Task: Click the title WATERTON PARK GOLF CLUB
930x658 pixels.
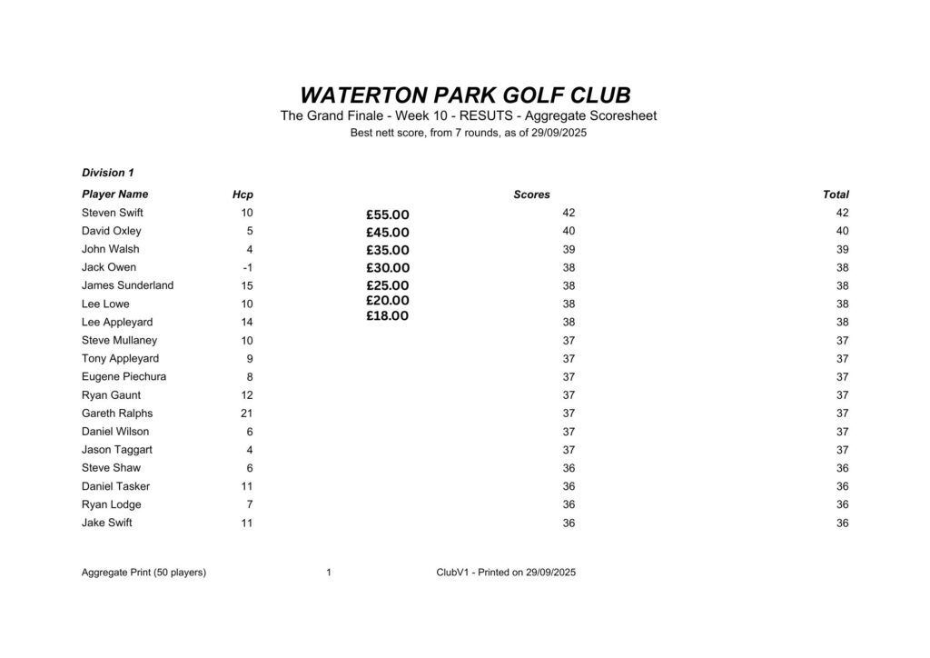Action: [x=465, y=95]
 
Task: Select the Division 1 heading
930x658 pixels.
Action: [x=108, y=173]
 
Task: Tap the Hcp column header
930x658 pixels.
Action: [x=242, y=194]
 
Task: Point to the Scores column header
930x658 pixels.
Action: [x=531, y=194]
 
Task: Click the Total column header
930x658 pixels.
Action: [x=836, y=194]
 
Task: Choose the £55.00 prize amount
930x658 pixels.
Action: [x=388, y=215]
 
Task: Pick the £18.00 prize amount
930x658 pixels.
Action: [x=388, y=316]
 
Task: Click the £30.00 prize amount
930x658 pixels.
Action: [x=388, y=268]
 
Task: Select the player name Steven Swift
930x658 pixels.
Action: [x=113, y=213]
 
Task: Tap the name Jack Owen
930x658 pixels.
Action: [x=109, y=267]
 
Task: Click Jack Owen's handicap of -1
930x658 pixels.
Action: [x=247, y=267]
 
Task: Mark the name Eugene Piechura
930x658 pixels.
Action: [x=124, y=376]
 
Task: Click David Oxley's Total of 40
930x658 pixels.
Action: [x=842, y=231]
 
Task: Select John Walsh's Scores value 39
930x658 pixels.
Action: [x=569, y=249]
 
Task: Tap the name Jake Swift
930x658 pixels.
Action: [x=107, y=523]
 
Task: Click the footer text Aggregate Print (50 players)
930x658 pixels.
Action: [x=143, y=573]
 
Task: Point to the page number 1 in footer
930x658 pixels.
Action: [x=328, y=573]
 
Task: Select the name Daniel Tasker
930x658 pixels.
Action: [x=115, y=486]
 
